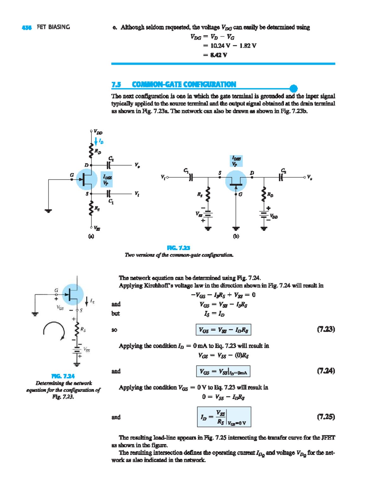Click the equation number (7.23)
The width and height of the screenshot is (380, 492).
[326, 329]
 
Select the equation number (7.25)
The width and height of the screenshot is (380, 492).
[326, 417]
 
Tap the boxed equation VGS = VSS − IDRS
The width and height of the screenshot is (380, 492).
[223, 330]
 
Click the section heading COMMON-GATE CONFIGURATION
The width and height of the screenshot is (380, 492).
[184, 84]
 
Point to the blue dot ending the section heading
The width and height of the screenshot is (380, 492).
[294, 88]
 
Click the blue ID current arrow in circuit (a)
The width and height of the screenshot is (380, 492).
[96, 141]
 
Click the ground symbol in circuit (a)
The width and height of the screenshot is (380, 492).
[48, 211]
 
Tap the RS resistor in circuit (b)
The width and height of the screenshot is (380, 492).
[208, 194]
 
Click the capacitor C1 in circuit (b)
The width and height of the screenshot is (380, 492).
[191, 177]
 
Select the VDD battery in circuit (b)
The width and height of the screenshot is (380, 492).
[264, 214]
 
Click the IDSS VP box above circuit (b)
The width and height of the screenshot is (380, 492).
[236, 161]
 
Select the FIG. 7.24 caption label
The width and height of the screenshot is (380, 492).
[63, 376]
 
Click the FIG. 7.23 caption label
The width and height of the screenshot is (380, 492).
[179, 248]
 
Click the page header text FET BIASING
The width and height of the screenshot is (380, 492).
[53, 27]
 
